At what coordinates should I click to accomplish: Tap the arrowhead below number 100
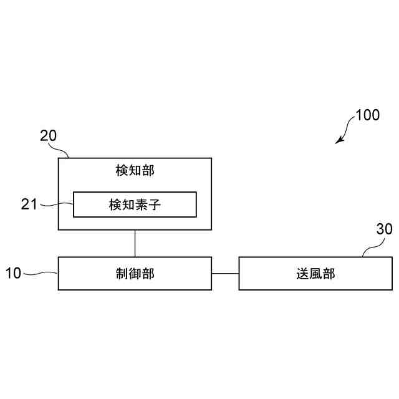339,140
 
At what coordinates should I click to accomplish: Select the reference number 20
48,135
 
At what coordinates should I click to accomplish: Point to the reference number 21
29,204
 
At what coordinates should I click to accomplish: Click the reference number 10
14,273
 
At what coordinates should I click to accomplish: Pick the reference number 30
384,229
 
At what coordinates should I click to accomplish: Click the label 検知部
135,170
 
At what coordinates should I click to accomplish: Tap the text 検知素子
135,204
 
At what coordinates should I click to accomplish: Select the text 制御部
135,273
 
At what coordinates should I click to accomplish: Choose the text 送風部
315,273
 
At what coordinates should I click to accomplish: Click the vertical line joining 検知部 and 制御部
135,244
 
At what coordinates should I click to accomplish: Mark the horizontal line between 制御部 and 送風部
225,273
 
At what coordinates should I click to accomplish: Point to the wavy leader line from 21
57,204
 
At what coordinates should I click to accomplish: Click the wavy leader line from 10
42,273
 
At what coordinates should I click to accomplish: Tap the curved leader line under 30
373,248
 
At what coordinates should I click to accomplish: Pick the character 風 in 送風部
315,273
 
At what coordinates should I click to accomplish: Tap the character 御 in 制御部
135,273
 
